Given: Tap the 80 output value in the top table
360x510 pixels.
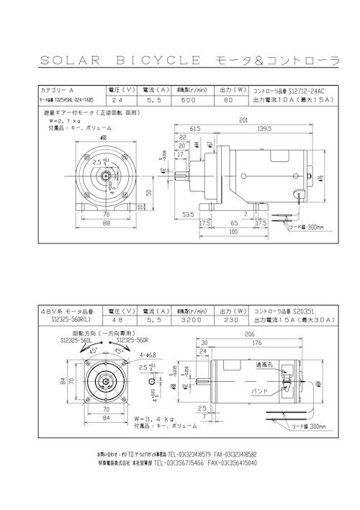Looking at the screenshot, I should tap(228, 103).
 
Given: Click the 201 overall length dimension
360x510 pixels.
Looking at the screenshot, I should tap(244, 120).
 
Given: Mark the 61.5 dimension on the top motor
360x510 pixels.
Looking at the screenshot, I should tap(195, 128).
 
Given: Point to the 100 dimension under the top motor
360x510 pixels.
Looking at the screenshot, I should tap(233, 232).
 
